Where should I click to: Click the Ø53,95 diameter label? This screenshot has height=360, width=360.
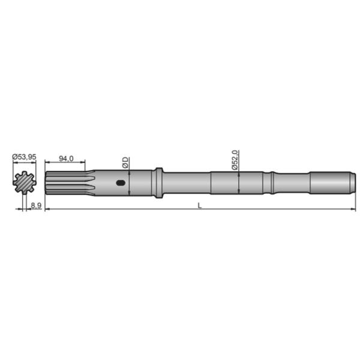[25, 157]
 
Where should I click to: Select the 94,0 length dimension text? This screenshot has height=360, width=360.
[66, 158]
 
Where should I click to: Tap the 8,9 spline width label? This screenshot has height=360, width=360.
[35, 205]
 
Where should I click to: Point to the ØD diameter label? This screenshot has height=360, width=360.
[125, 161]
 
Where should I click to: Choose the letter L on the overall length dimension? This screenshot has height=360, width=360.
[199, 205]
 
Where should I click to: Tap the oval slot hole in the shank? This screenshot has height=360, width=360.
[122, 184]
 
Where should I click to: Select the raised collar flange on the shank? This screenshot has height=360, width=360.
[158, 182]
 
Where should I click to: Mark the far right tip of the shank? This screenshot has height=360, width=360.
[353, 182]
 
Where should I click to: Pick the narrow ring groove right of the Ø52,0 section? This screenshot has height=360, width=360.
[272, 182]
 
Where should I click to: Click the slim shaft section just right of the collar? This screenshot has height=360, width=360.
[186, 182]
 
